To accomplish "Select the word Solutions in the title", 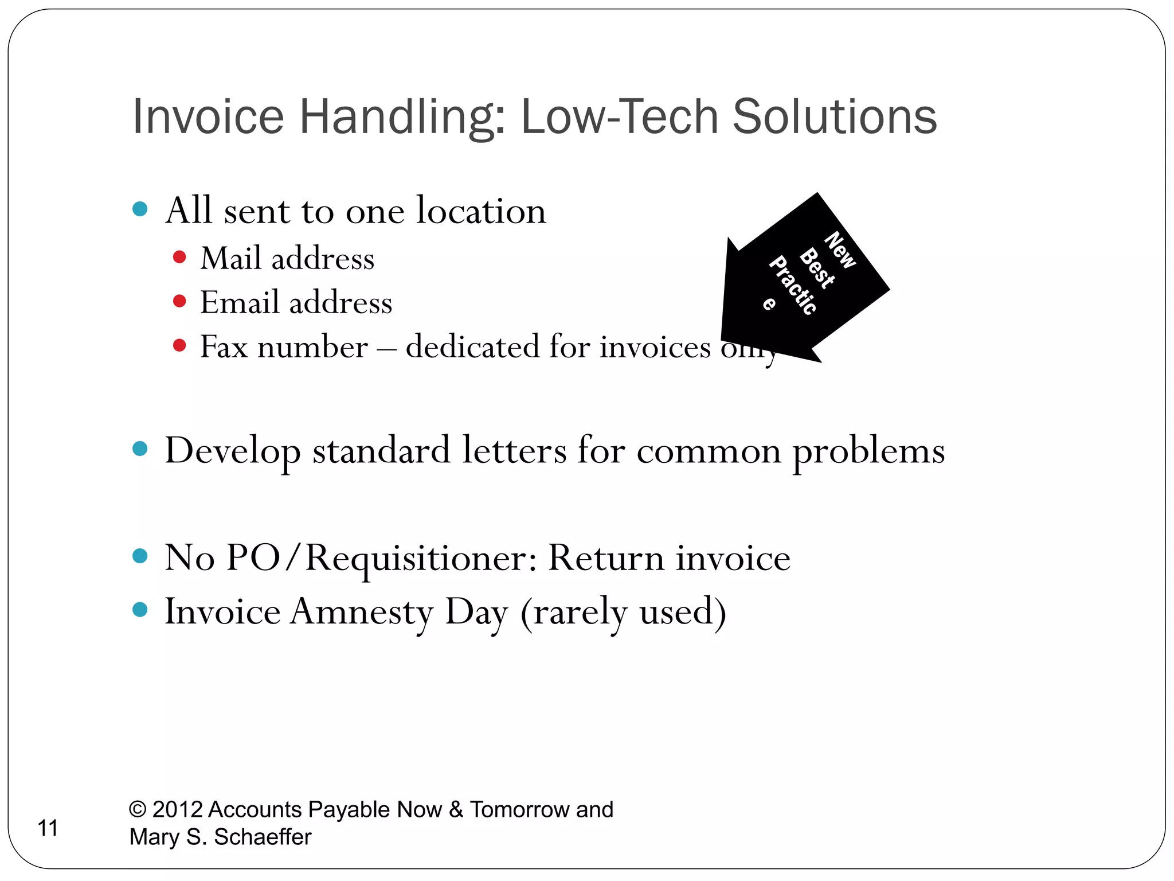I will tap(834, 117).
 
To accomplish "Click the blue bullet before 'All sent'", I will tap(140, 209).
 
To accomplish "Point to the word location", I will tap(480, 210).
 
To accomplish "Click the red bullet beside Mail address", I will tap(179, 256).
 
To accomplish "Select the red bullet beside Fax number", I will tap(179, 345).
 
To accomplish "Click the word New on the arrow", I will tap(840, 250).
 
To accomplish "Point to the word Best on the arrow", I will tap(817, 268).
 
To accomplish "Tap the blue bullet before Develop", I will tap(140, 448).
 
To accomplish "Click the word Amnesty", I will tap(362, 611).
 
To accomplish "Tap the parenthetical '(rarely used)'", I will tap(623, 613).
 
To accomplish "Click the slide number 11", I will tap(48, 828).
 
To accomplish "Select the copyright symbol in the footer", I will tap(138, 809).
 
